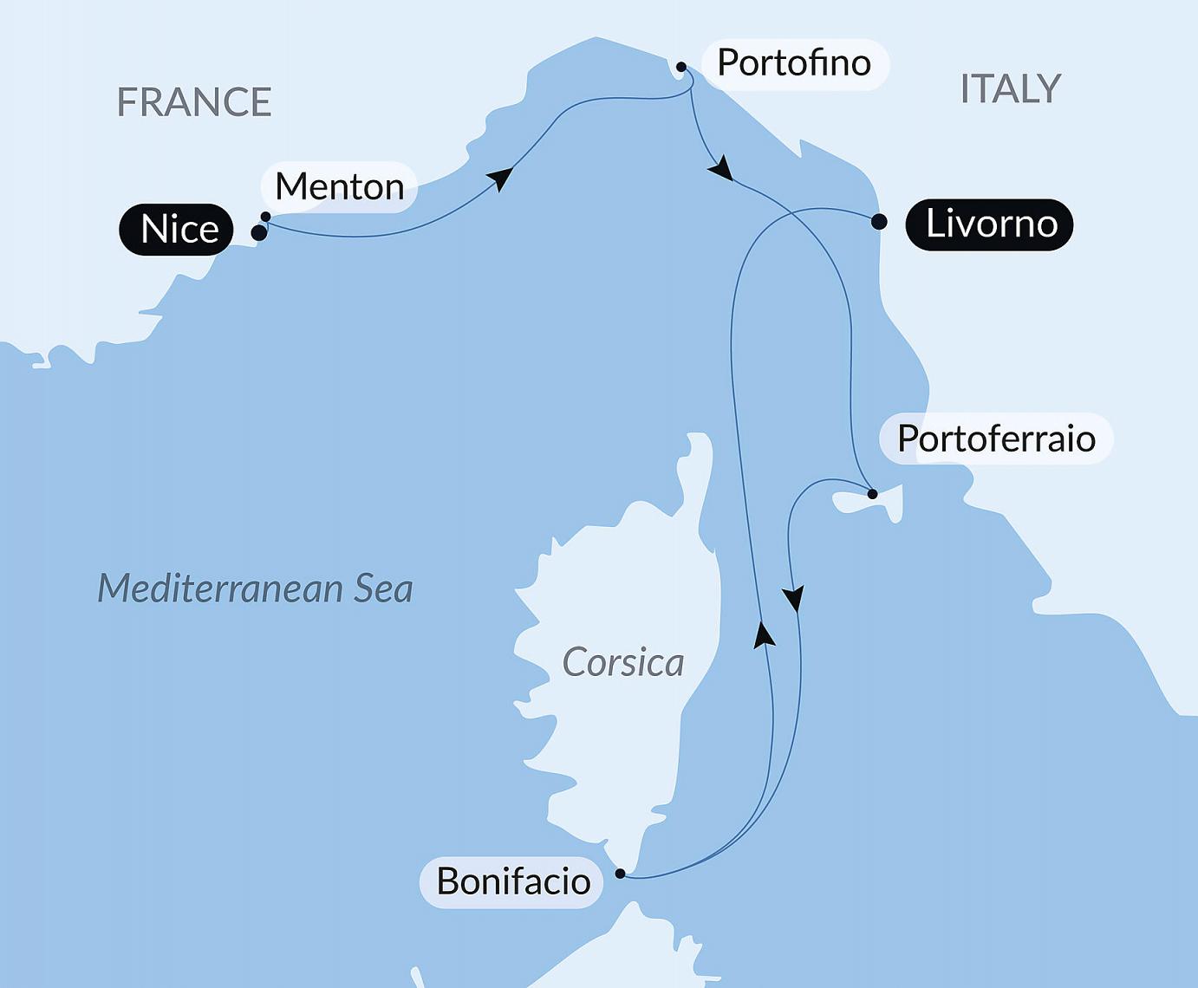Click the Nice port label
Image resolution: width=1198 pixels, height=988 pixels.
tap(177, 230)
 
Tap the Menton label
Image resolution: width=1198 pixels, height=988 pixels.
tap(339, 186)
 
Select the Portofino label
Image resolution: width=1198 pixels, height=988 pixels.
tap(794, 63)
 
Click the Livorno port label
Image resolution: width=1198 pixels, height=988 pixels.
tap(990, 224)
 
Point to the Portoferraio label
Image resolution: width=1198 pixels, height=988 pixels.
tap(996, 439)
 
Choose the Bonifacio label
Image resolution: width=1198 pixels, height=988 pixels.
tap(512, 882)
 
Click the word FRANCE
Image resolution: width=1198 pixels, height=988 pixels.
tap(194, 102)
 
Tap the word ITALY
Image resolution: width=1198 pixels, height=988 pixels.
tap(1011, 88)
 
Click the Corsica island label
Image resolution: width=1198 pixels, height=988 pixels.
tap(622, 663)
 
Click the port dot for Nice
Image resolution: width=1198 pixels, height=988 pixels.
tap(258, 233)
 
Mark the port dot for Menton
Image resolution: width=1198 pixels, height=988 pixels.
tap(266, 217)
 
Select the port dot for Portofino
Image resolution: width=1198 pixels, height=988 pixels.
tap(681, 67)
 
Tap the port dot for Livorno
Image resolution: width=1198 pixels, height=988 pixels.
tap(879, 222)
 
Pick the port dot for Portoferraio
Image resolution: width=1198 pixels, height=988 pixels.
tap(873, 494)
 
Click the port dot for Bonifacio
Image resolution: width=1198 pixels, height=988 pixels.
tap(620, 874)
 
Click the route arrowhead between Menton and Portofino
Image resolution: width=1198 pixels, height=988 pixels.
tap(500, 178)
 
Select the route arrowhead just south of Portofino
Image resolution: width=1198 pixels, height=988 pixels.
tap(720, 169)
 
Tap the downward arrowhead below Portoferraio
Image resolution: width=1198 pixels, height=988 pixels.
tap(794, 599)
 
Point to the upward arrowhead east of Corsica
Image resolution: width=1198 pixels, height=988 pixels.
tap(763, 634)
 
